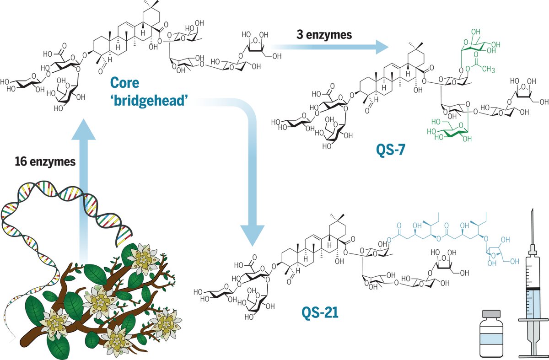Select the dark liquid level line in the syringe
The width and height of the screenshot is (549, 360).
(532, 288)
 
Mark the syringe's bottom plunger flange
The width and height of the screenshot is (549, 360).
(532, 356)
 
